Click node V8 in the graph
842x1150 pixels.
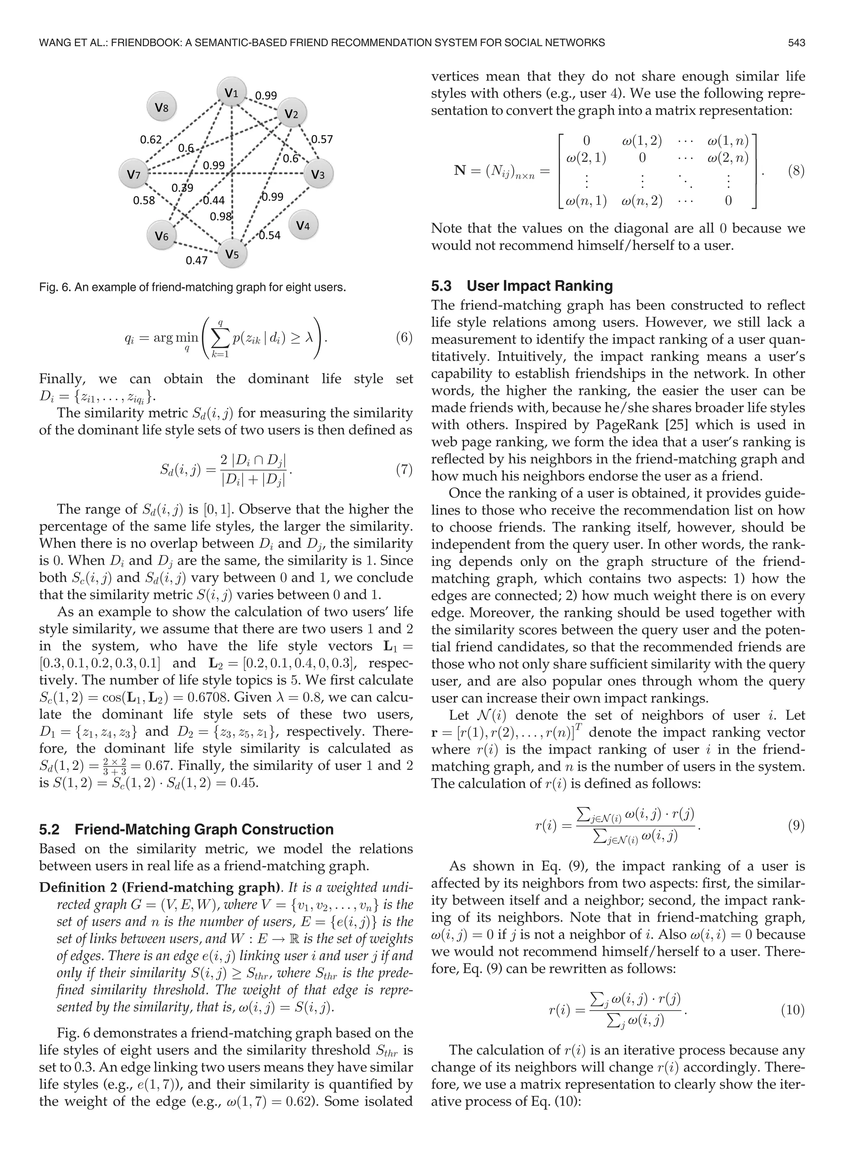pos(161,108)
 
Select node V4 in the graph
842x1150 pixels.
pos(303,225)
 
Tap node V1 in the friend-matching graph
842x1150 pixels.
pos(232,92)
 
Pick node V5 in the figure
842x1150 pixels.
pos(232,254)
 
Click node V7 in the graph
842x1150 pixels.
pos(133,175)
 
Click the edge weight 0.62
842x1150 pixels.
pos(150,140)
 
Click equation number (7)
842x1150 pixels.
pos(404,469)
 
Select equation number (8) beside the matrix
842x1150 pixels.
pos(796,170)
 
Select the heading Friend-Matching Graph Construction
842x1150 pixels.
pos(204,829)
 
